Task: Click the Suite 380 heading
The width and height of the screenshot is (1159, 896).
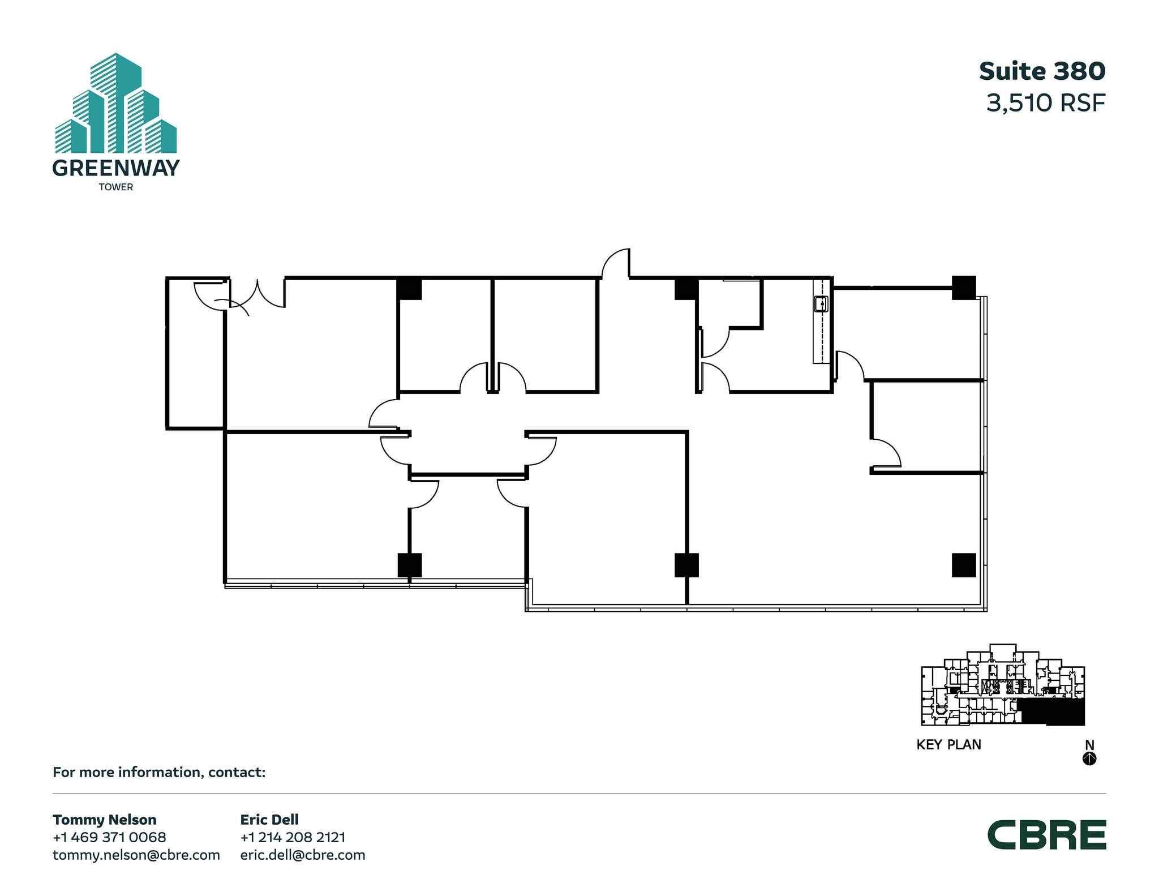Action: click(1042, 71)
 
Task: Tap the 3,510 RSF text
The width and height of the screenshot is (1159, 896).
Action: click(1045, 103)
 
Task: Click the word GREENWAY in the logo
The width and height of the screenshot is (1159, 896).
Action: click(116, 168)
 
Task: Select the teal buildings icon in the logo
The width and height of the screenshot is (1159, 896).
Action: click(116, 105)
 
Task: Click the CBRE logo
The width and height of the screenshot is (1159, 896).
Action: click(1046, 835)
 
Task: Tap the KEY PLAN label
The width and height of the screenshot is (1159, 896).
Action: click(948, 745)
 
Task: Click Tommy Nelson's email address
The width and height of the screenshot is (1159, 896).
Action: click(136, 855)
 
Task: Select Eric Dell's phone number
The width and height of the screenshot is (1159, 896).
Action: click(293, 837)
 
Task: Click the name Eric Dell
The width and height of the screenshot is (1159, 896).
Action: click(269, 820)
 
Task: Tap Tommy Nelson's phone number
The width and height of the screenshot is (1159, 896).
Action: click(109, 837)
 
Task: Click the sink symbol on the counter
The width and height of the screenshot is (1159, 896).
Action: click(821, 305)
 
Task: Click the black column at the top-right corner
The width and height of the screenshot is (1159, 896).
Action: click(963, 288)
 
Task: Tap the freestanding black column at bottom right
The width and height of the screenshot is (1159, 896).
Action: click(963, 565)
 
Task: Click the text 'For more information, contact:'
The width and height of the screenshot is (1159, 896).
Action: click(159, 772)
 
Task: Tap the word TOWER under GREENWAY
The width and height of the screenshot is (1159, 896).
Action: click(116, 187)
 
